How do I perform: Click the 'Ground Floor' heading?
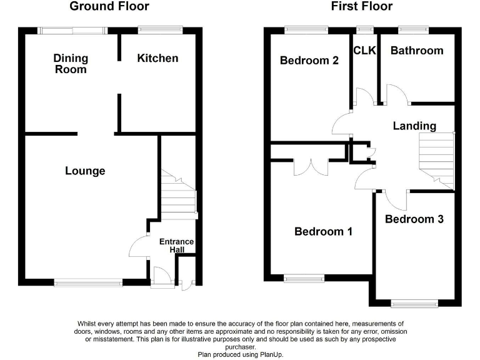click(109, 7)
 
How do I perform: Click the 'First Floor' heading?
click(362, 7)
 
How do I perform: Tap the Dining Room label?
click(71, 64)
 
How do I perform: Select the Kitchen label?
click(157, 58)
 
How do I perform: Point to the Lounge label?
click(85, 171)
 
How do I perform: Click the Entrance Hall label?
click(177, 246)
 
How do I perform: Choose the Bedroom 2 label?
click(309, 61)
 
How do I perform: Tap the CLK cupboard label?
click(364, 51)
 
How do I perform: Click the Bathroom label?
click(417, 51)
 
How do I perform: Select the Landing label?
click(414, 126)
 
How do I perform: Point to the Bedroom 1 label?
click(323, 232)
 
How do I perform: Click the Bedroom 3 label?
click(414, 219)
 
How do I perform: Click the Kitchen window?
click(160, 29)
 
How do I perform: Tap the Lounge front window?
click(88, 282)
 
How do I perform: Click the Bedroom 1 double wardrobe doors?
click(311, 167)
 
